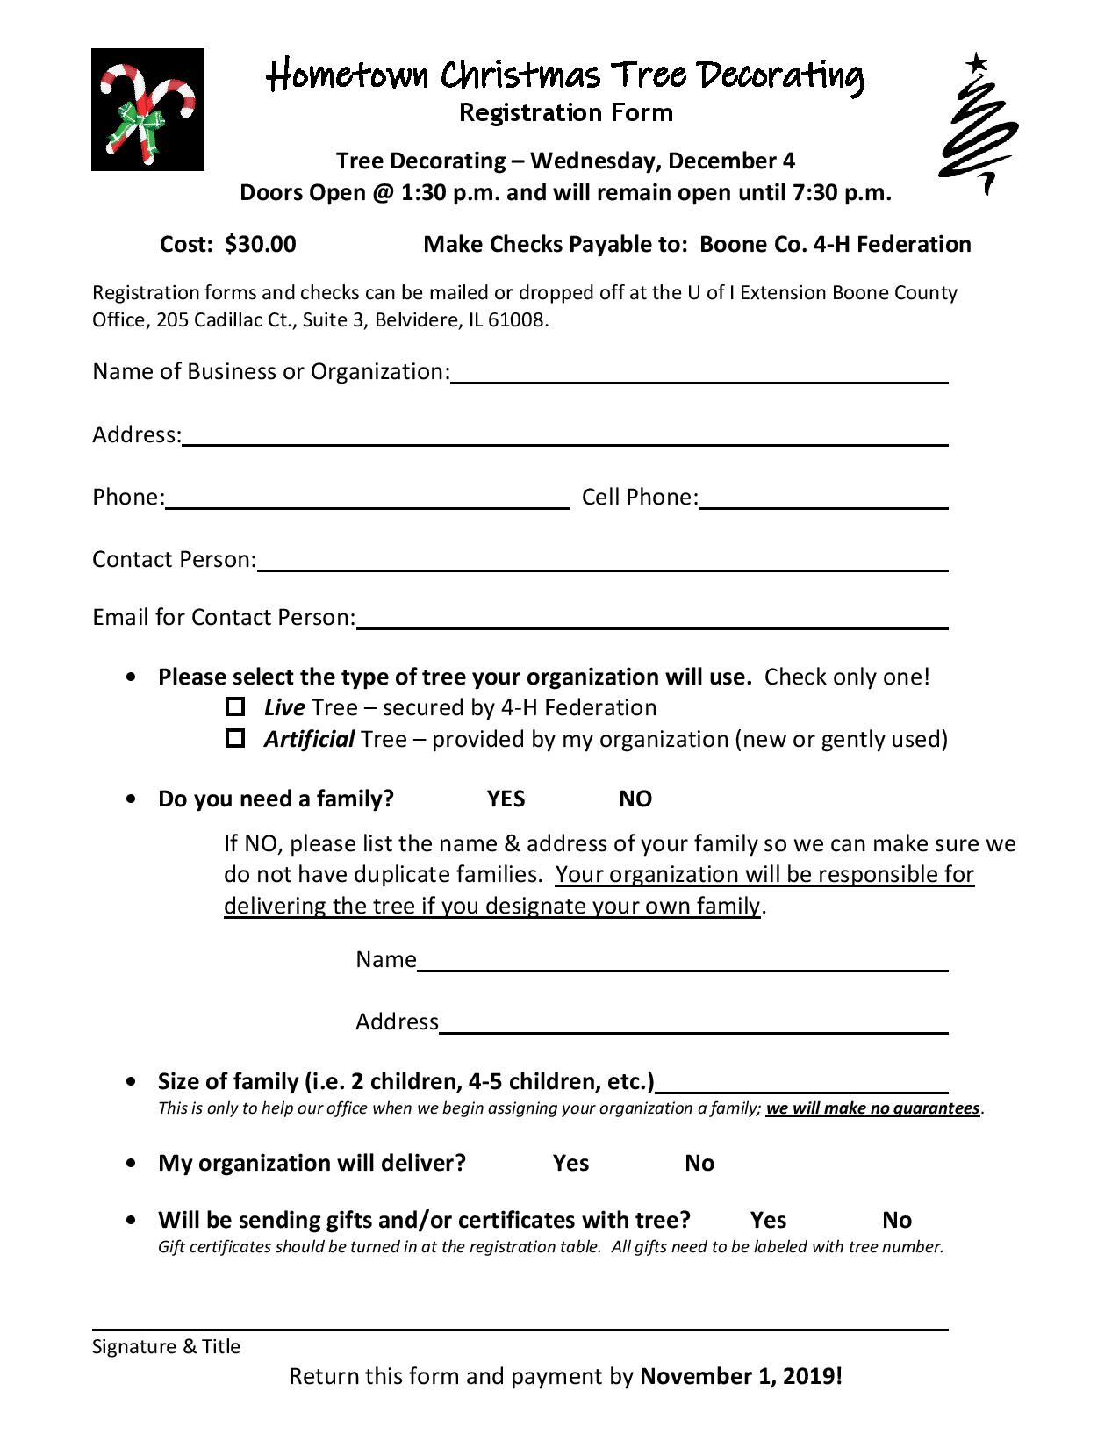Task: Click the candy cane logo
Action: tap(147, 110)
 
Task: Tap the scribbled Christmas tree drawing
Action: tap(978, 127)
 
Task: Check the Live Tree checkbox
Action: tap(234, 706)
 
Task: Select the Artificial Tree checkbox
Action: tap(234, 738)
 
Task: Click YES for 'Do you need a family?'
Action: tap(506, 799)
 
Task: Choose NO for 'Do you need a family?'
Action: tap(635, 799)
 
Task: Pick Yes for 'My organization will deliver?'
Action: tap(570, 1163)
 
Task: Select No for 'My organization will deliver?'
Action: tap(699, 1163)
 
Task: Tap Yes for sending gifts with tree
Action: tap(768, 1220)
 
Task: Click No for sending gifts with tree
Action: tap(897, 1220)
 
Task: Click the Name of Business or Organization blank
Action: tap(699, 374)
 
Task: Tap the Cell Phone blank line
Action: tap(823, 499)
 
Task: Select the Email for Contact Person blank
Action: tap(651, 620)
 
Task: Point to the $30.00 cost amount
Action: tap(261, 244)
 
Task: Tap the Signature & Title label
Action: tap(166, 1346)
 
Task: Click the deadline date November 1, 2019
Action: tap(741, 1375)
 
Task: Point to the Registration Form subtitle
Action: tap(566, 112)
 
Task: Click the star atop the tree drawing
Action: tap(976, 62)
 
